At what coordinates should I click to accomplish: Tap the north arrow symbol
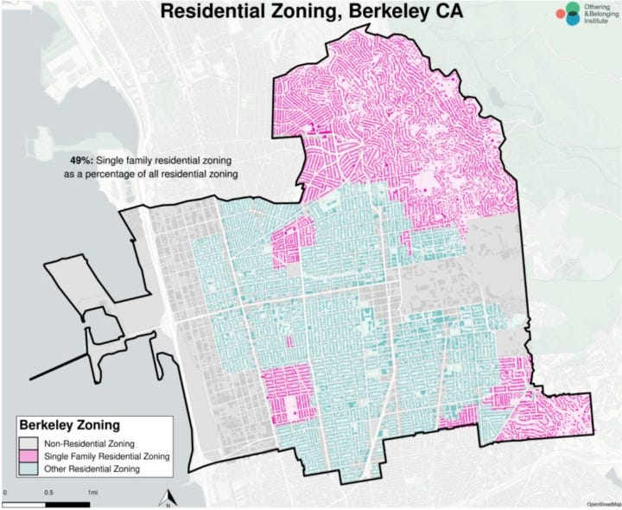pyautogui.click(x=170, y=497)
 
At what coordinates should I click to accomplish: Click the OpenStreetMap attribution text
pyautogui.click(x=602, y=503)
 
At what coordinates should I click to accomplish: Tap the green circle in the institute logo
pyautogui.click(x=571, y=9)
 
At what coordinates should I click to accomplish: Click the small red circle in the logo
pyautogui.click(x=560, y=16)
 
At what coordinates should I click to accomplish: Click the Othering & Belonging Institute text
pyautogui.click(x=598, y=16)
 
